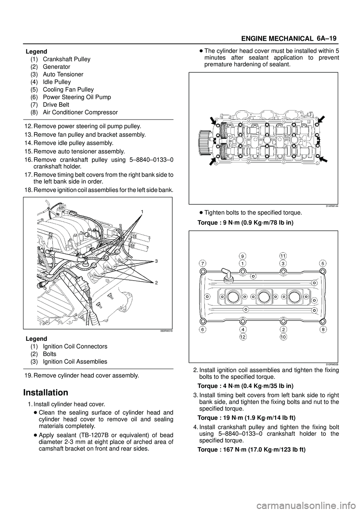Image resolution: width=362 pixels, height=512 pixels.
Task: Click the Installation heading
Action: click(46, 392)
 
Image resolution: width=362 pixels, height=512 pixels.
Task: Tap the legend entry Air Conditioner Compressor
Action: click(80, 112)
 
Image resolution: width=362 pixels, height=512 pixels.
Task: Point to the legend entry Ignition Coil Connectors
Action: click(75, 346)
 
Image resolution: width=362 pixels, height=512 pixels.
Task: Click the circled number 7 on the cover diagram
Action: click(203, 262)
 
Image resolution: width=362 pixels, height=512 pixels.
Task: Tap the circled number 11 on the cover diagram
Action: click(283, 256)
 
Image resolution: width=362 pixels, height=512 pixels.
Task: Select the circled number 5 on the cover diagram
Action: click(322, 262)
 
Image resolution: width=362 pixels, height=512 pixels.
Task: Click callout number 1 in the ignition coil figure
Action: click(143, 212)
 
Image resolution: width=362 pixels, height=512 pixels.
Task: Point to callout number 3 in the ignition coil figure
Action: click(156, 261)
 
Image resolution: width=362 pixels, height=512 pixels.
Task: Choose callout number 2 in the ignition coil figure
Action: click(156, 282)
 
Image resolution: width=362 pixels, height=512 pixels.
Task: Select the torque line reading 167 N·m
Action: click(252, 450)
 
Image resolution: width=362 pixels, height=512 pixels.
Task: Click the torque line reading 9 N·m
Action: click(245, 222)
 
